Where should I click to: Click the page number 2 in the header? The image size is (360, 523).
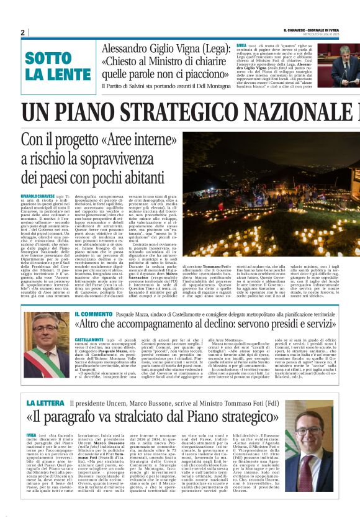(22, 32)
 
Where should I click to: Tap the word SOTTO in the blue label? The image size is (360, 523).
(48, 60)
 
